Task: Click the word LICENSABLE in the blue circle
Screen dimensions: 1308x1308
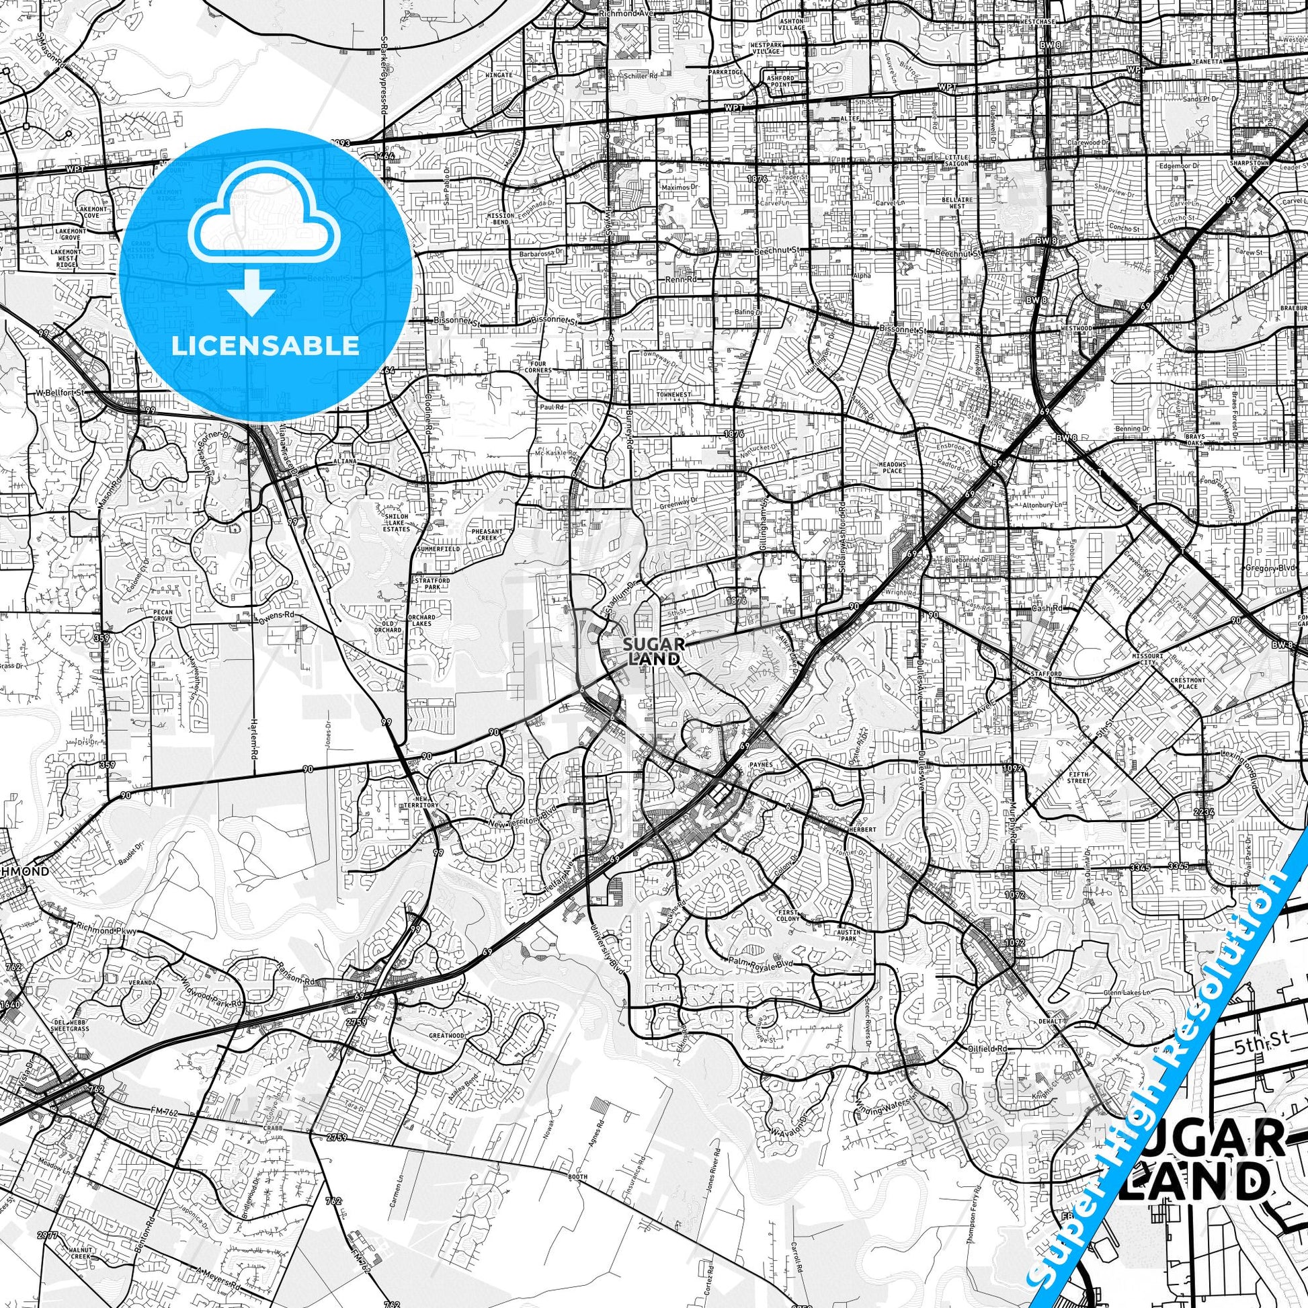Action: tap(265, 346)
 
